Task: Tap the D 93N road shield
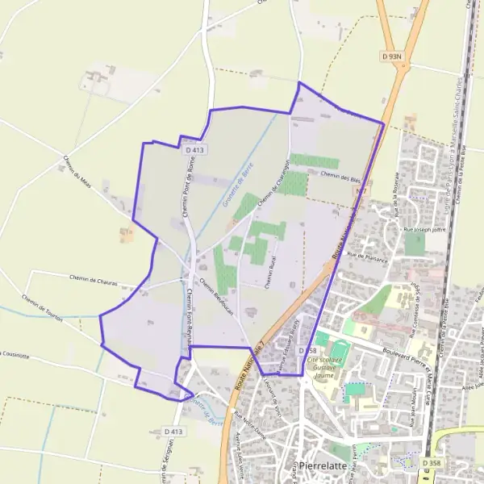point(391,56)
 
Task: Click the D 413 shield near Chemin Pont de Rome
point(194,149)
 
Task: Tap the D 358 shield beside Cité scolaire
point(306,351)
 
